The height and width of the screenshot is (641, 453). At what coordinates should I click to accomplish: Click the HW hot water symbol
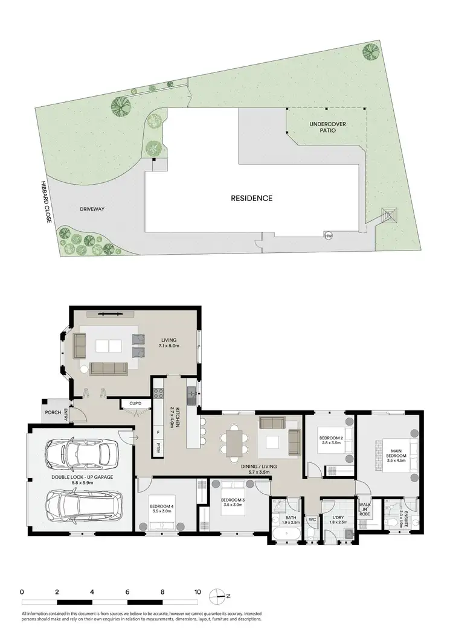(329, 235)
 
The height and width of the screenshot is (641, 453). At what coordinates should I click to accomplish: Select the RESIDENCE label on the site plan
(251, 198)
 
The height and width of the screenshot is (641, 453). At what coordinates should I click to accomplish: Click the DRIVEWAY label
(92, 209)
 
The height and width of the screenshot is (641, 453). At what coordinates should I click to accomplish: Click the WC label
(312, 518)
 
